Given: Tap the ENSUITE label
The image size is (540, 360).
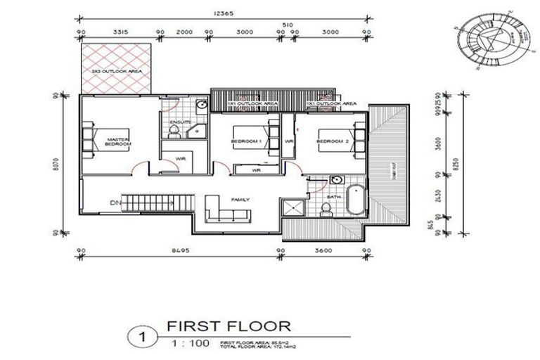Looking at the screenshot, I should click(x=181, y=122).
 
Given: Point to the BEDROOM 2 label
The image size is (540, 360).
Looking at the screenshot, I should click(x=330, y=142).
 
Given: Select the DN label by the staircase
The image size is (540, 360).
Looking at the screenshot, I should click(x=115, y=204).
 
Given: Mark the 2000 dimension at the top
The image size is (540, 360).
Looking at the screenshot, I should click(x=184, y=32).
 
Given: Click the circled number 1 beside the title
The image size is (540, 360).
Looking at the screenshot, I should click(x=142, y=337).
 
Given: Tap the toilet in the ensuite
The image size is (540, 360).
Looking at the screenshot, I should click(x=200, y=106).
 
